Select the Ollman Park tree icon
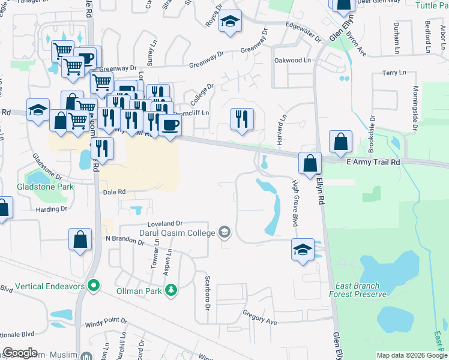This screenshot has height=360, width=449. coord(172,290)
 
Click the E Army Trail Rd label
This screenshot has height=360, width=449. coord(372,162)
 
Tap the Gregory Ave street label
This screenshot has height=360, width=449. coord(259,317)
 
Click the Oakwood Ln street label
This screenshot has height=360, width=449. coord(292,61)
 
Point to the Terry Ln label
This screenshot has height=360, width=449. coord(394,73)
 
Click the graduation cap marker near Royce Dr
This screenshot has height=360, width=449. coord(229,22)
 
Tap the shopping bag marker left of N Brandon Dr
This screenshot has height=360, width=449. coord(80,239)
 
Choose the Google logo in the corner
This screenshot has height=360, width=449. coord(20,352)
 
